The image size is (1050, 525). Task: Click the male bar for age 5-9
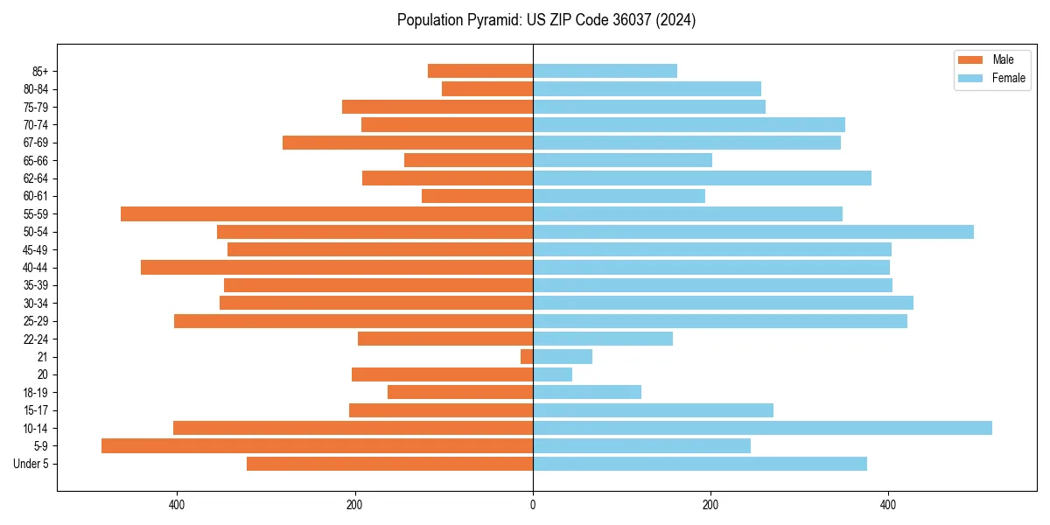click(317, 445)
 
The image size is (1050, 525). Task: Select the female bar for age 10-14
click(762, 428)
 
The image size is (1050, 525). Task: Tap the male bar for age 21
click(527, 356)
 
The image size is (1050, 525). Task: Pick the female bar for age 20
click(552, 374)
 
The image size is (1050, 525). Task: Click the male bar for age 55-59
click(326, 213)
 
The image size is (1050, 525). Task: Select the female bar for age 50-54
click(752, 232)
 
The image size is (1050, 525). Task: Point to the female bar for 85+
click(605, 71)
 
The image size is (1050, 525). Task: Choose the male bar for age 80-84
click(487, 88)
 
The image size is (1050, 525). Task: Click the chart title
click(546, 20)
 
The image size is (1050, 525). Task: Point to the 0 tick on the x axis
click(533, 504)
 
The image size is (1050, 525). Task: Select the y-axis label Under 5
click(31, 464)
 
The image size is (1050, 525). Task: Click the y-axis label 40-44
click(36, 268)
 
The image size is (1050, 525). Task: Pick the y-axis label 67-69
click(36, 143)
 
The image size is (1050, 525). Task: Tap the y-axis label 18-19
click(36, 392)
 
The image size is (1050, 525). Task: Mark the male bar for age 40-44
click(337, 267)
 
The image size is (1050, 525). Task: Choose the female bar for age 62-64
click(702, 178)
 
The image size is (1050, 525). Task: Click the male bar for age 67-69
click(408, 142)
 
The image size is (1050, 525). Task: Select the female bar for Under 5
click(700, 464)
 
